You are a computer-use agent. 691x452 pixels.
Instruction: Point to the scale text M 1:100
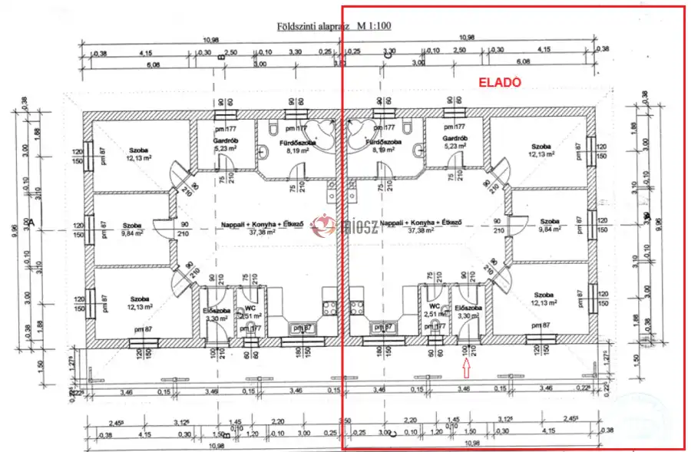(374, 25)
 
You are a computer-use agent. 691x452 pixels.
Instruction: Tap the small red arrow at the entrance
(465, 368)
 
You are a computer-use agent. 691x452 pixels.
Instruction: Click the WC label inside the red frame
(433, 305)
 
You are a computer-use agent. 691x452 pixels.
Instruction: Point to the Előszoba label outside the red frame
(212, 310)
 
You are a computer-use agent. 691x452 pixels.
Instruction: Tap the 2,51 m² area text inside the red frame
(435, 314)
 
